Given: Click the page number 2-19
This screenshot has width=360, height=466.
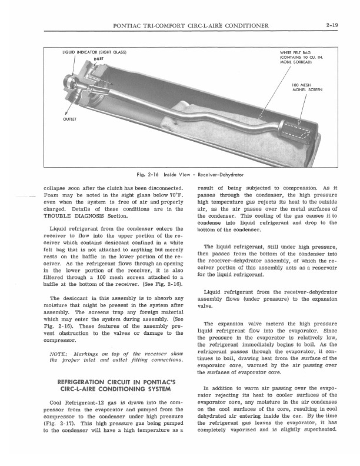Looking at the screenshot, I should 329,25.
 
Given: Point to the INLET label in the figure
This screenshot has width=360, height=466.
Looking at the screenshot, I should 98,58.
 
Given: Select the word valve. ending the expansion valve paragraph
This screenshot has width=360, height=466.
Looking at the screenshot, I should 205,306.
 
